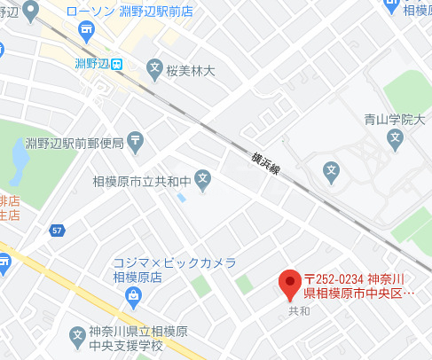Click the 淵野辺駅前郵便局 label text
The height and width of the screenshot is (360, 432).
click(75, 142)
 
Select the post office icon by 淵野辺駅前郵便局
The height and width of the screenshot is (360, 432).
click(134, 139)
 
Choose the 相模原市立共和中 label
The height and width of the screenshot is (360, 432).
click(142, 181)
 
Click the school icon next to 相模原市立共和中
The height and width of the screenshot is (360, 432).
click(203, 180)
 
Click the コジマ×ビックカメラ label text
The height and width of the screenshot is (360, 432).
click(175, 263)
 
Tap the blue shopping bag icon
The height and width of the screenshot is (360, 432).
click(132, 293)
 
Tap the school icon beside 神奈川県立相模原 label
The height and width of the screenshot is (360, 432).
click(77, 336)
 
